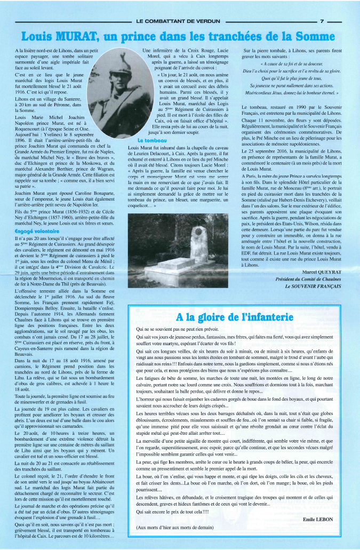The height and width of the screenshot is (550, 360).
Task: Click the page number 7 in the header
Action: point(322,22)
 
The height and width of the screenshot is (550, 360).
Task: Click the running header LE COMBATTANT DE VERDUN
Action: point(178,22)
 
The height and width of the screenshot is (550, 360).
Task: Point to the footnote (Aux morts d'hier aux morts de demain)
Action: point(174,527)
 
